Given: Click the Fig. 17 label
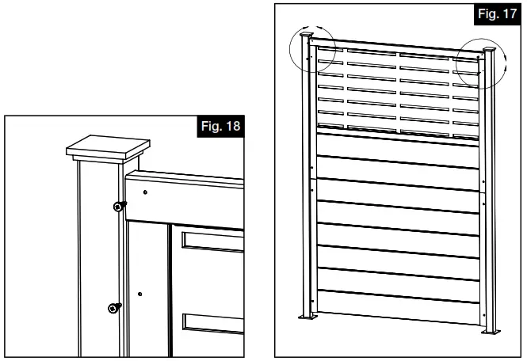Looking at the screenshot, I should click(496, 15).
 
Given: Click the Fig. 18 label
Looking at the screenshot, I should click(222, 126).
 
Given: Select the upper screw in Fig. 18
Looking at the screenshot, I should click(118, 207).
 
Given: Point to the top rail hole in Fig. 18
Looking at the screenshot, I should click(147, 192).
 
